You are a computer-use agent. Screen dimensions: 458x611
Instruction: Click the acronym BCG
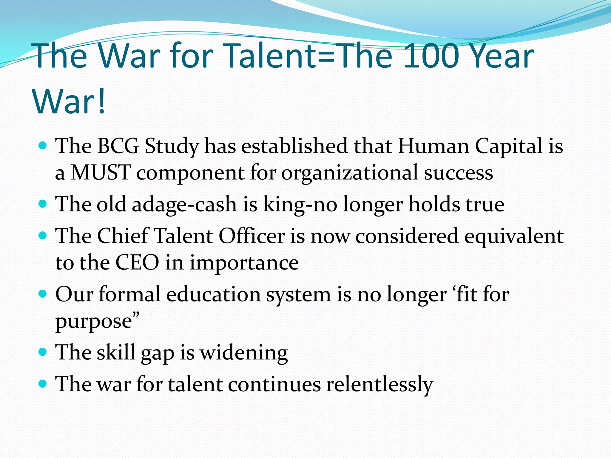click(x=118, y=146)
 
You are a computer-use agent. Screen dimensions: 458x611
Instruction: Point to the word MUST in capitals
click(x=101, y=173)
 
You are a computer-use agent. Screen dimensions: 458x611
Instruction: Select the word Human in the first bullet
click(x=433, y=146)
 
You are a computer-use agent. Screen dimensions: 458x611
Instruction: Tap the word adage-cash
click(x=184, y=205)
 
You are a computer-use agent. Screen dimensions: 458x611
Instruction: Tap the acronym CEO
click(x=137, y=263)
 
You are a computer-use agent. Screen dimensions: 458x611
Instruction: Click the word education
click(x=213, y=294)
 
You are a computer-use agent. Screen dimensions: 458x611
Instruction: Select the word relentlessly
click(x=379, y=384)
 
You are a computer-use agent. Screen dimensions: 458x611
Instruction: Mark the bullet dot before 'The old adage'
click(x=43, y=204)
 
